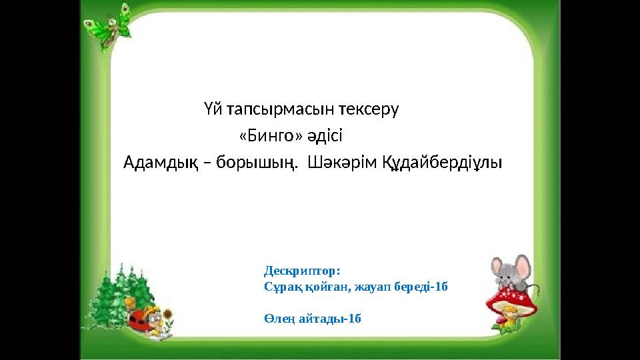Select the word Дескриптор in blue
(302, 271)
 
